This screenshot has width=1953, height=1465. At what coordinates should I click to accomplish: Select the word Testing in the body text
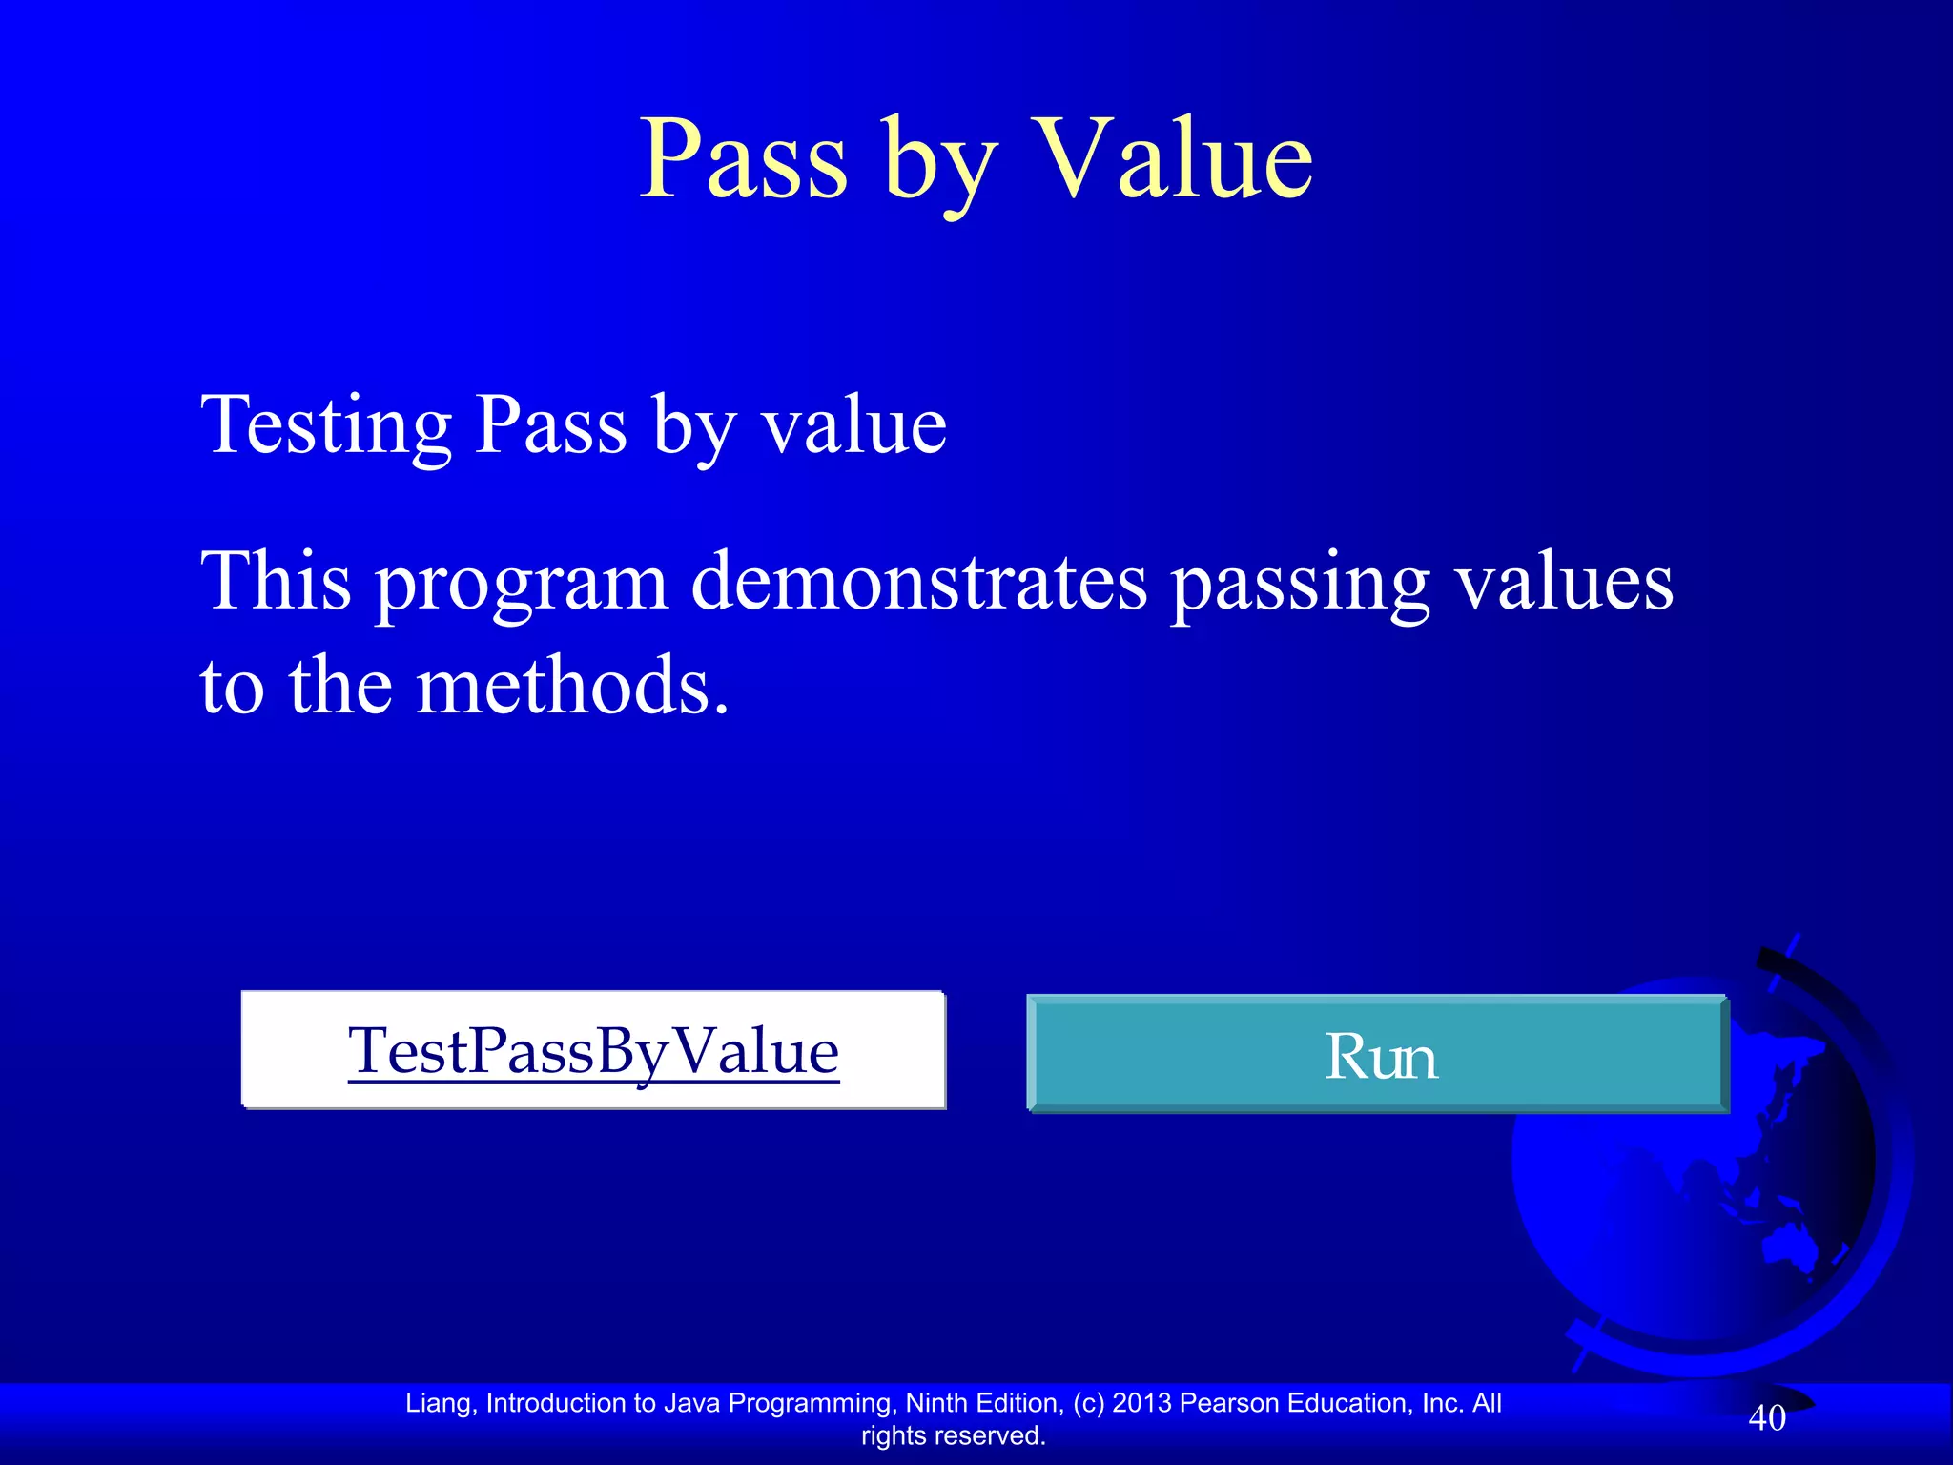pos(325,425)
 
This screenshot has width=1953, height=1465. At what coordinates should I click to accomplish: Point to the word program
pos(522,584)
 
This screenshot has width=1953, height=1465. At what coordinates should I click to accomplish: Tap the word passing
pos(1300,584)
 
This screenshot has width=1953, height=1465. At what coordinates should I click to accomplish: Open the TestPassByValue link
pos(593,1051)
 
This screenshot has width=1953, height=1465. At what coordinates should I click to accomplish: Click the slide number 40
pos(1766,1418)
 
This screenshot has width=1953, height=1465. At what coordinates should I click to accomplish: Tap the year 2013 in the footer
pos(1141,1403)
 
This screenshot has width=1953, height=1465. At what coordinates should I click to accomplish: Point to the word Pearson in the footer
pos(1229,1403)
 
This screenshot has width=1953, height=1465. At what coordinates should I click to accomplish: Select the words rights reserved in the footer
pos(953,1435)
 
